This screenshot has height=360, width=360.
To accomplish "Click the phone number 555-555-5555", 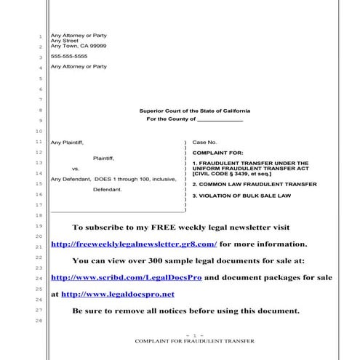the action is pos(69,56).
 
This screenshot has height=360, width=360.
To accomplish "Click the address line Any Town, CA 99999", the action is pos(79,46).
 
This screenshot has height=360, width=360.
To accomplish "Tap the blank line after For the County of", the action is pos(220,119).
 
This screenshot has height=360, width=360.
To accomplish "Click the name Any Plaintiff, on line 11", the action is pos(67,142).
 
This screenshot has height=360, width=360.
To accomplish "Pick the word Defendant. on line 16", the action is pos(108,190).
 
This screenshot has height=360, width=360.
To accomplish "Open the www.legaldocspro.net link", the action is pos(118,294).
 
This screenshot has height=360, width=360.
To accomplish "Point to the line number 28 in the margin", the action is pos(39,321).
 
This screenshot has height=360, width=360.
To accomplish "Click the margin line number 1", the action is pos(40,36).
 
